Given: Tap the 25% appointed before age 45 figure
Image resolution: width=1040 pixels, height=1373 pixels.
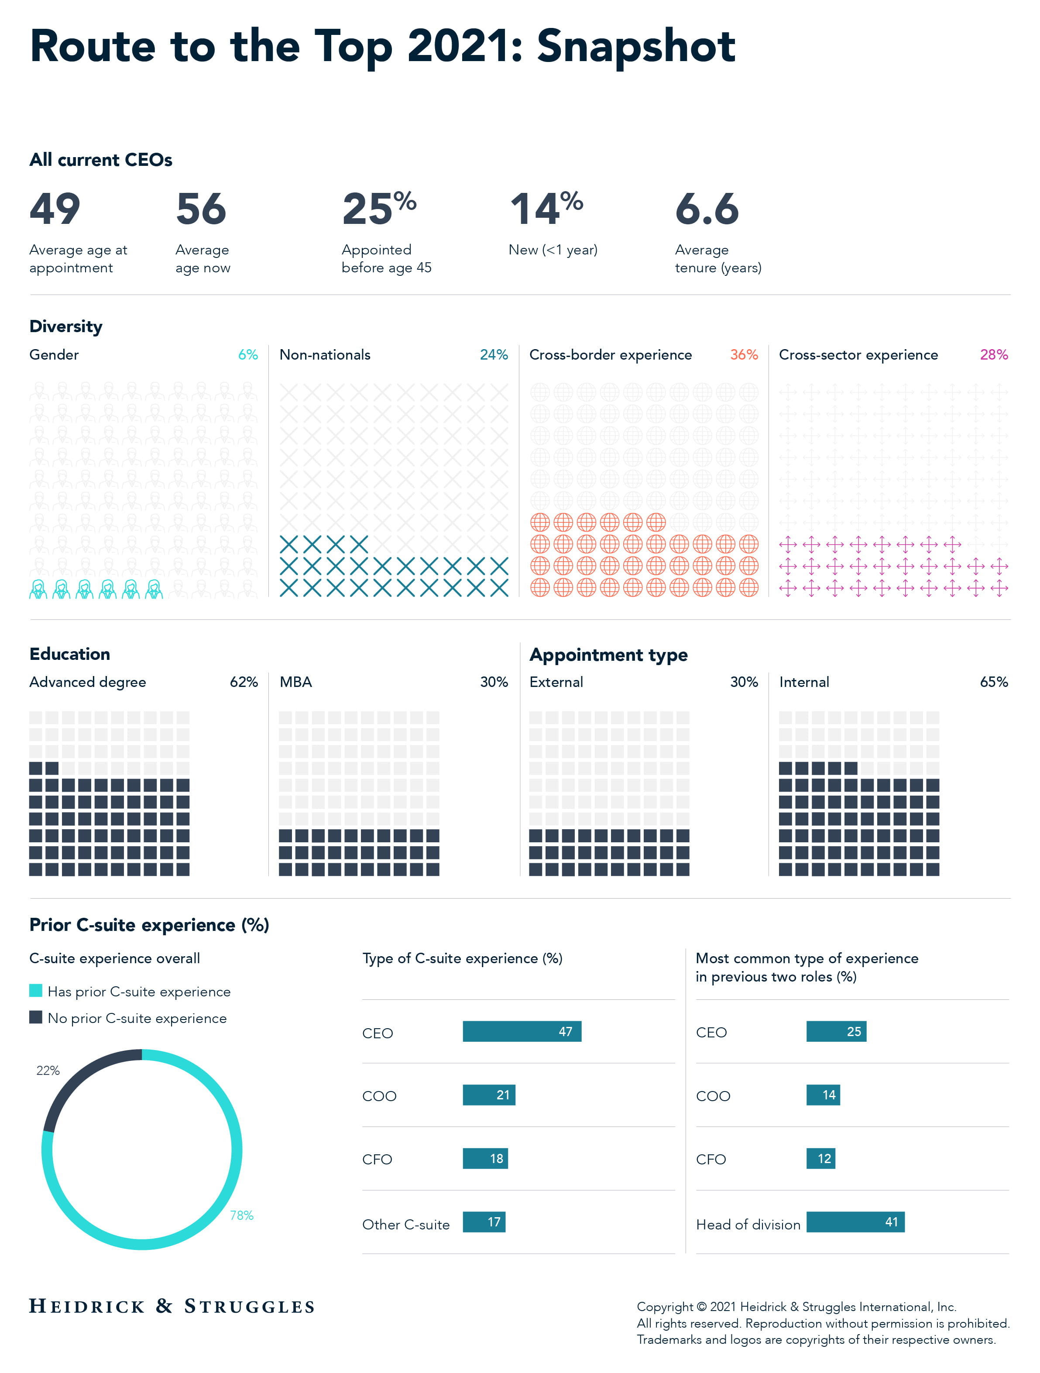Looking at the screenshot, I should (378, 209).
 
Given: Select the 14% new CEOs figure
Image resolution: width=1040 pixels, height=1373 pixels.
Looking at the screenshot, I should (546, 209).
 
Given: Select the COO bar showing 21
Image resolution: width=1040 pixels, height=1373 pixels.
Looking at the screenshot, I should (488, 1095).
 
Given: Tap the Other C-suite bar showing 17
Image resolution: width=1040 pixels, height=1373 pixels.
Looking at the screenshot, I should (484, 1222).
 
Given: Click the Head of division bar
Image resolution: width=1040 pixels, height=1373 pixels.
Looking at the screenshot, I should (855, 1222).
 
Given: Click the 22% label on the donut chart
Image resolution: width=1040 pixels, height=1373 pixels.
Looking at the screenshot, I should (48, 1071).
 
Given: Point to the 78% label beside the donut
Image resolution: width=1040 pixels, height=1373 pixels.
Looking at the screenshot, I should (241, 1215).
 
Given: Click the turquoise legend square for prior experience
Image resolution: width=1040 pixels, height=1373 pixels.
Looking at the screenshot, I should (35, 991).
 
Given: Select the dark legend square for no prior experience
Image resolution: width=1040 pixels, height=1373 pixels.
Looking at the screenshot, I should (35, 1017).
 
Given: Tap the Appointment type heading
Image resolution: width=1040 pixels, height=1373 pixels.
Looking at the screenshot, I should (608, 654).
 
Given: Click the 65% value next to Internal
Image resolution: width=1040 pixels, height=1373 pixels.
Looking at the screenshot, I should (993, 682).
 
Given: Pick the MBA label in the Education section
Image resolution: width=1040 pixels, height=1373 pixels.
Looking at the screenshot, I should (295, 682).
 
